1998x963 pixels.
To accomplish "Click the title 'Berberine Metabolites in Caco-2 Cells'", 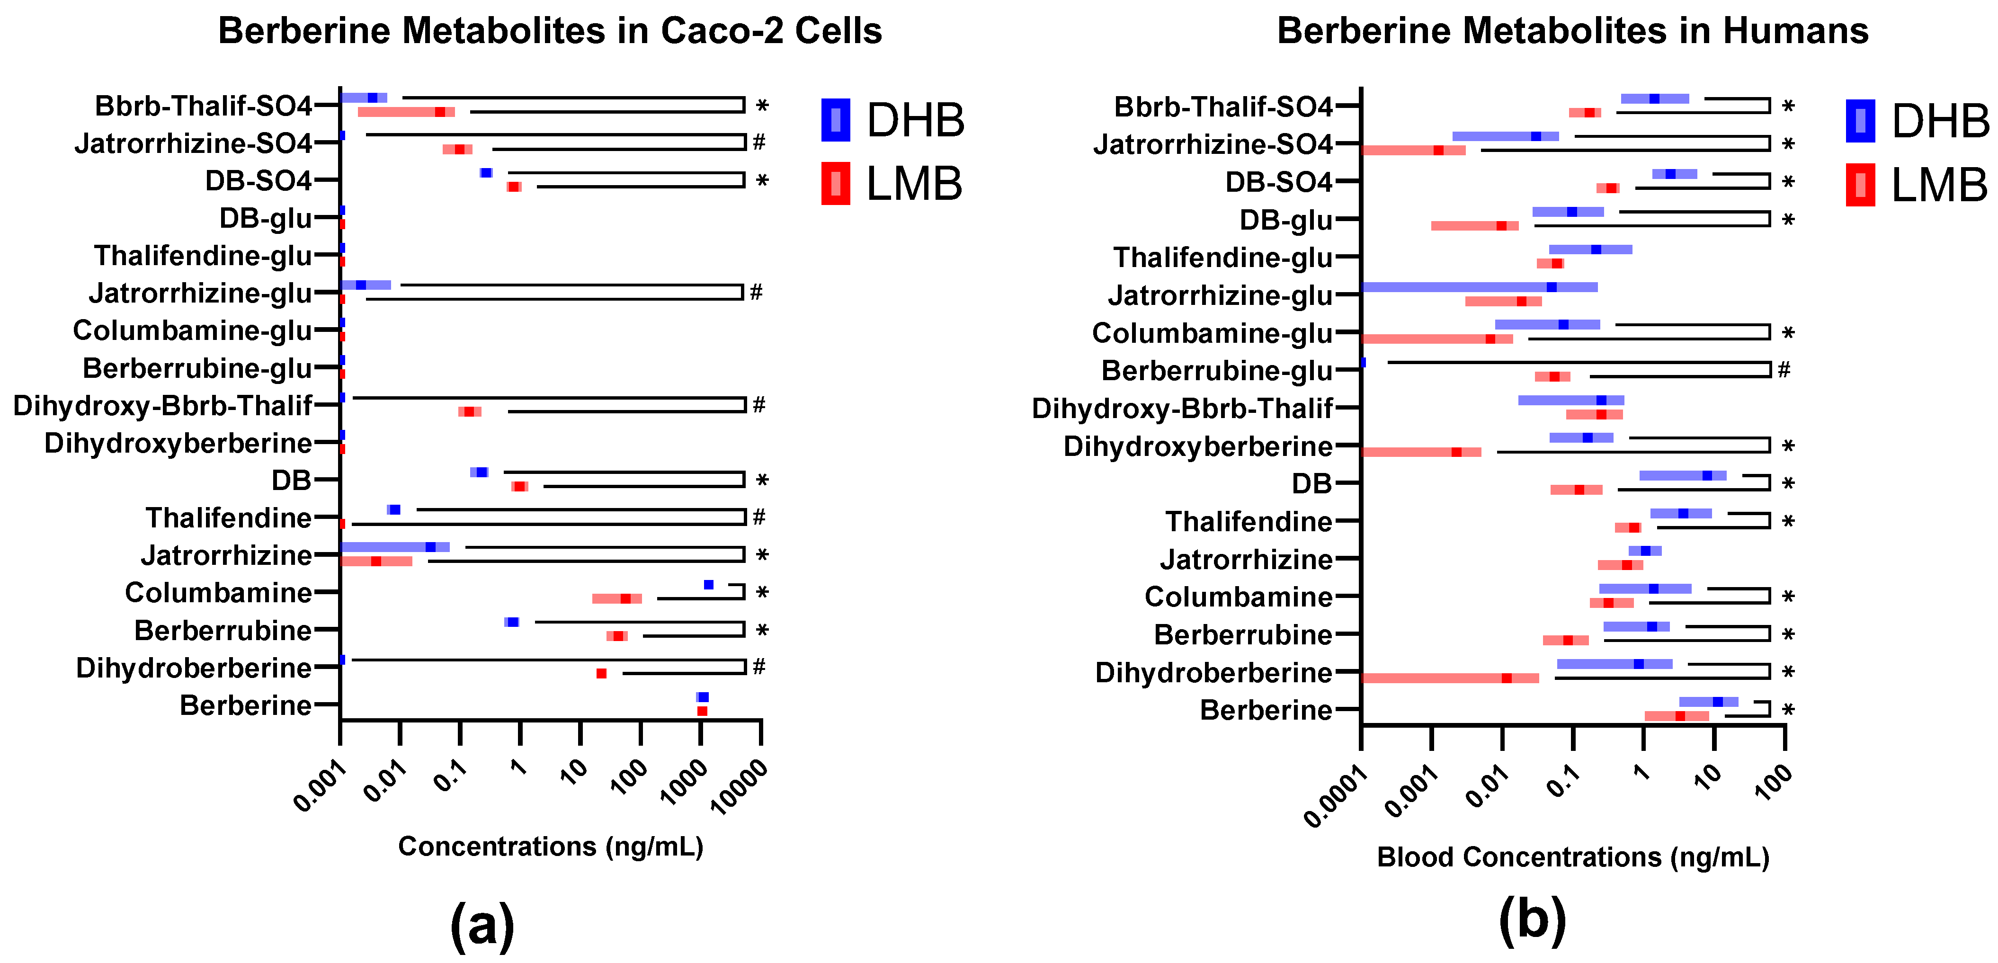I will pos(549,31).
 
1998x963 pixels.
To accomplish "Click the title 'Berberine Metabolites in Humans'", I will pos(1572,31).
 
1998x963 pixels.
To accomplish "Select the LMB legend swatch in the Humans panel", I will pos(1860,185).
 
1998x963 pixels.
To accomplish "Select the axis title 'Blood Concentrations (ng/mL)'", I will pos(1573,857).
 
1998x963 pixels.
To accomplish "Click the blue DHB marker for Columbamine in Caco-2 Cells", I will pos(708,585).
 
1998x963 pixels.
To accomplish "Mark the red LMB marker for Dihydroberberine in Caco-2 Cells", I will pos(601,674).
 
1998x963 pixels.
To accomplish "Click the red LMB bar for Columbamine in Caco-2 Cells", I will pos(616,598).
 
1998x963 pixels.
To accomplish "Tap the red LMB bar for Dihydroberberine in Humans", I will pos(1450,678).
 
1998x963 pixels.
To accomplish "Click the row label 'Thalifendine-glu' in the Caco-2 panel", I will pos(203,255).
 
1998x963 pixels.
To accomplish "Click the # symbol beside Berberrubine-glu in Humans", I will pos(1784,370).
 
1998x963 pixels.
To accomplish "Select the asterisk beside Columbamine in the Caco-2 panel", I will pos(762,593).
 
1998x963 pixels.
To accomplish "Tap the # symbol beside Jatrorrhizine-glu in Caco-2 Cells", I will pos(756,292).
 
